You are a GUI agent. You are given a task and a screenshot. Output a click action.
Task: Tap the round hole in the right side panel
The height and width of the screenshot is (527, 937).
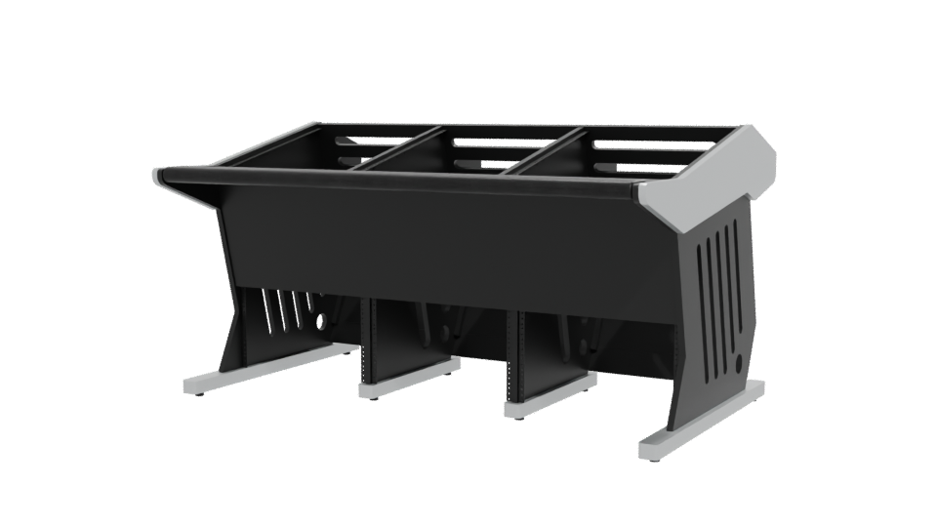click(x=736, y=361)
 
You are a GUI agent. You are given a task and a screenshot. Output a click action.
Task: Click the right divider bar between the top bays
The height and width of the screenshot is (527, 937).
click(x=547, y=156)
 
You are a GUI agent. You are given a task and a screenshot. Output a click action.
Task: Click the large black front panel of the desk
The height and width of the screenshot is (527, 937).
click(x=439, y=244)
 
